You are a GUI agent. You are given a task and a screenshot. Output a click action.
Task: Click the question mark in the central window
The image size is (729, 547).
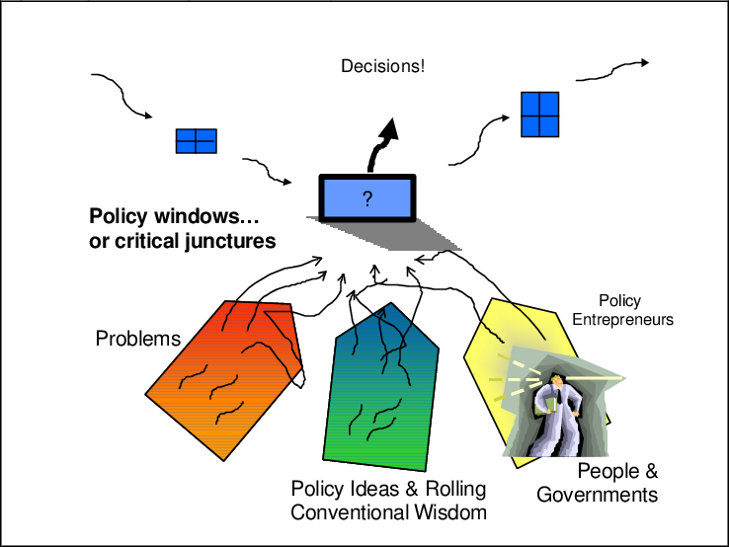point(367,199)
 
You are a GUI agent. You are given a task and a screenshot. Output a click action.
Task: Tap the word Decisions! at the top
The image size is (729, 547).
point(382,67)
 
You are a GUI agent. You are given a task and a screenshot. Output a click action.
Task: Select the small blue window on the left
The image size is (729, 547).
point(196,141)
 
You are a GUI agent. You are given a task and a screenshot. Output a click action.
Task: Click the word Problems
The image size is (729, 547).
point(137,339)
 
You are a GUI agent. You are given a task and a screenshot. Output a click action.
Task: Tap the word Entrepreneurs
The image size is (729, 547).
point(622,320)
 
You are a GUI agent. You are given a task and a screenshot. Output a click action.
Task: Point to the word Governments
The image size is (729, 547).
point(598,494)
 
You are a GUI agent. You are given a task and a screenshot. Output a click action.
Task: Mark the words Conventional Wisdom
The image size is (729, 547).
point(388,512)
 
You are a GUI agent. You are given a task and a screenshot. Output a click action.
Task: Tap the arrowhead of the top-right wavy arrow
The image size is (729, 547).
point(644,63)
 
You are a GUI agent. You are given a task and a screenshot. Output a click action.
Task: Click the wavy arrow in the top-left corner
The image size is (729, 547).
point(121,94)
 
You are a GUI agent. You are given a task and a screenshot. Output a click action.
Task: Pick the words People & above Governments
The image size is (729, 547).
point(617,471)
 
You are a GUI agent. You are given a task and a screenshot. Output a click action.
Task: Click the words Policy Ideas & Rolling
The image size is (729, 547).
point(389,489)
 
